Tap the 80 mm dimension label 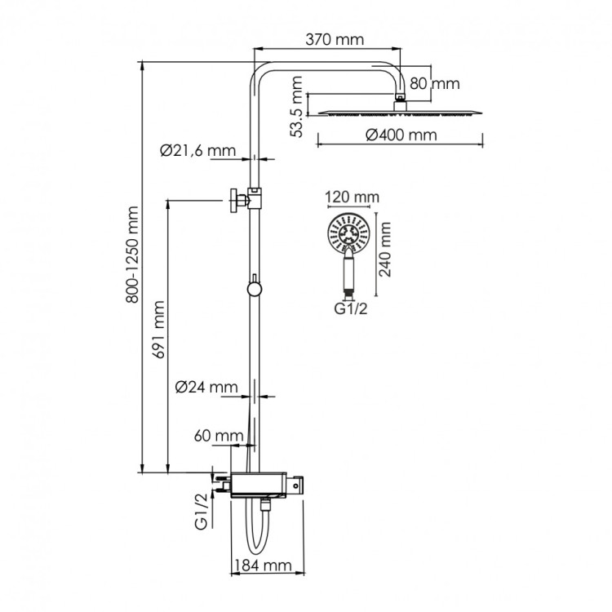click(434, 83)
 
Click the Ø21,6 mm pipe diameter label click(197, 150)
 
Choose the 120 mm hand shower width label click(352, 197)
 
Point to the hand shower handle click(348, 272)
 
